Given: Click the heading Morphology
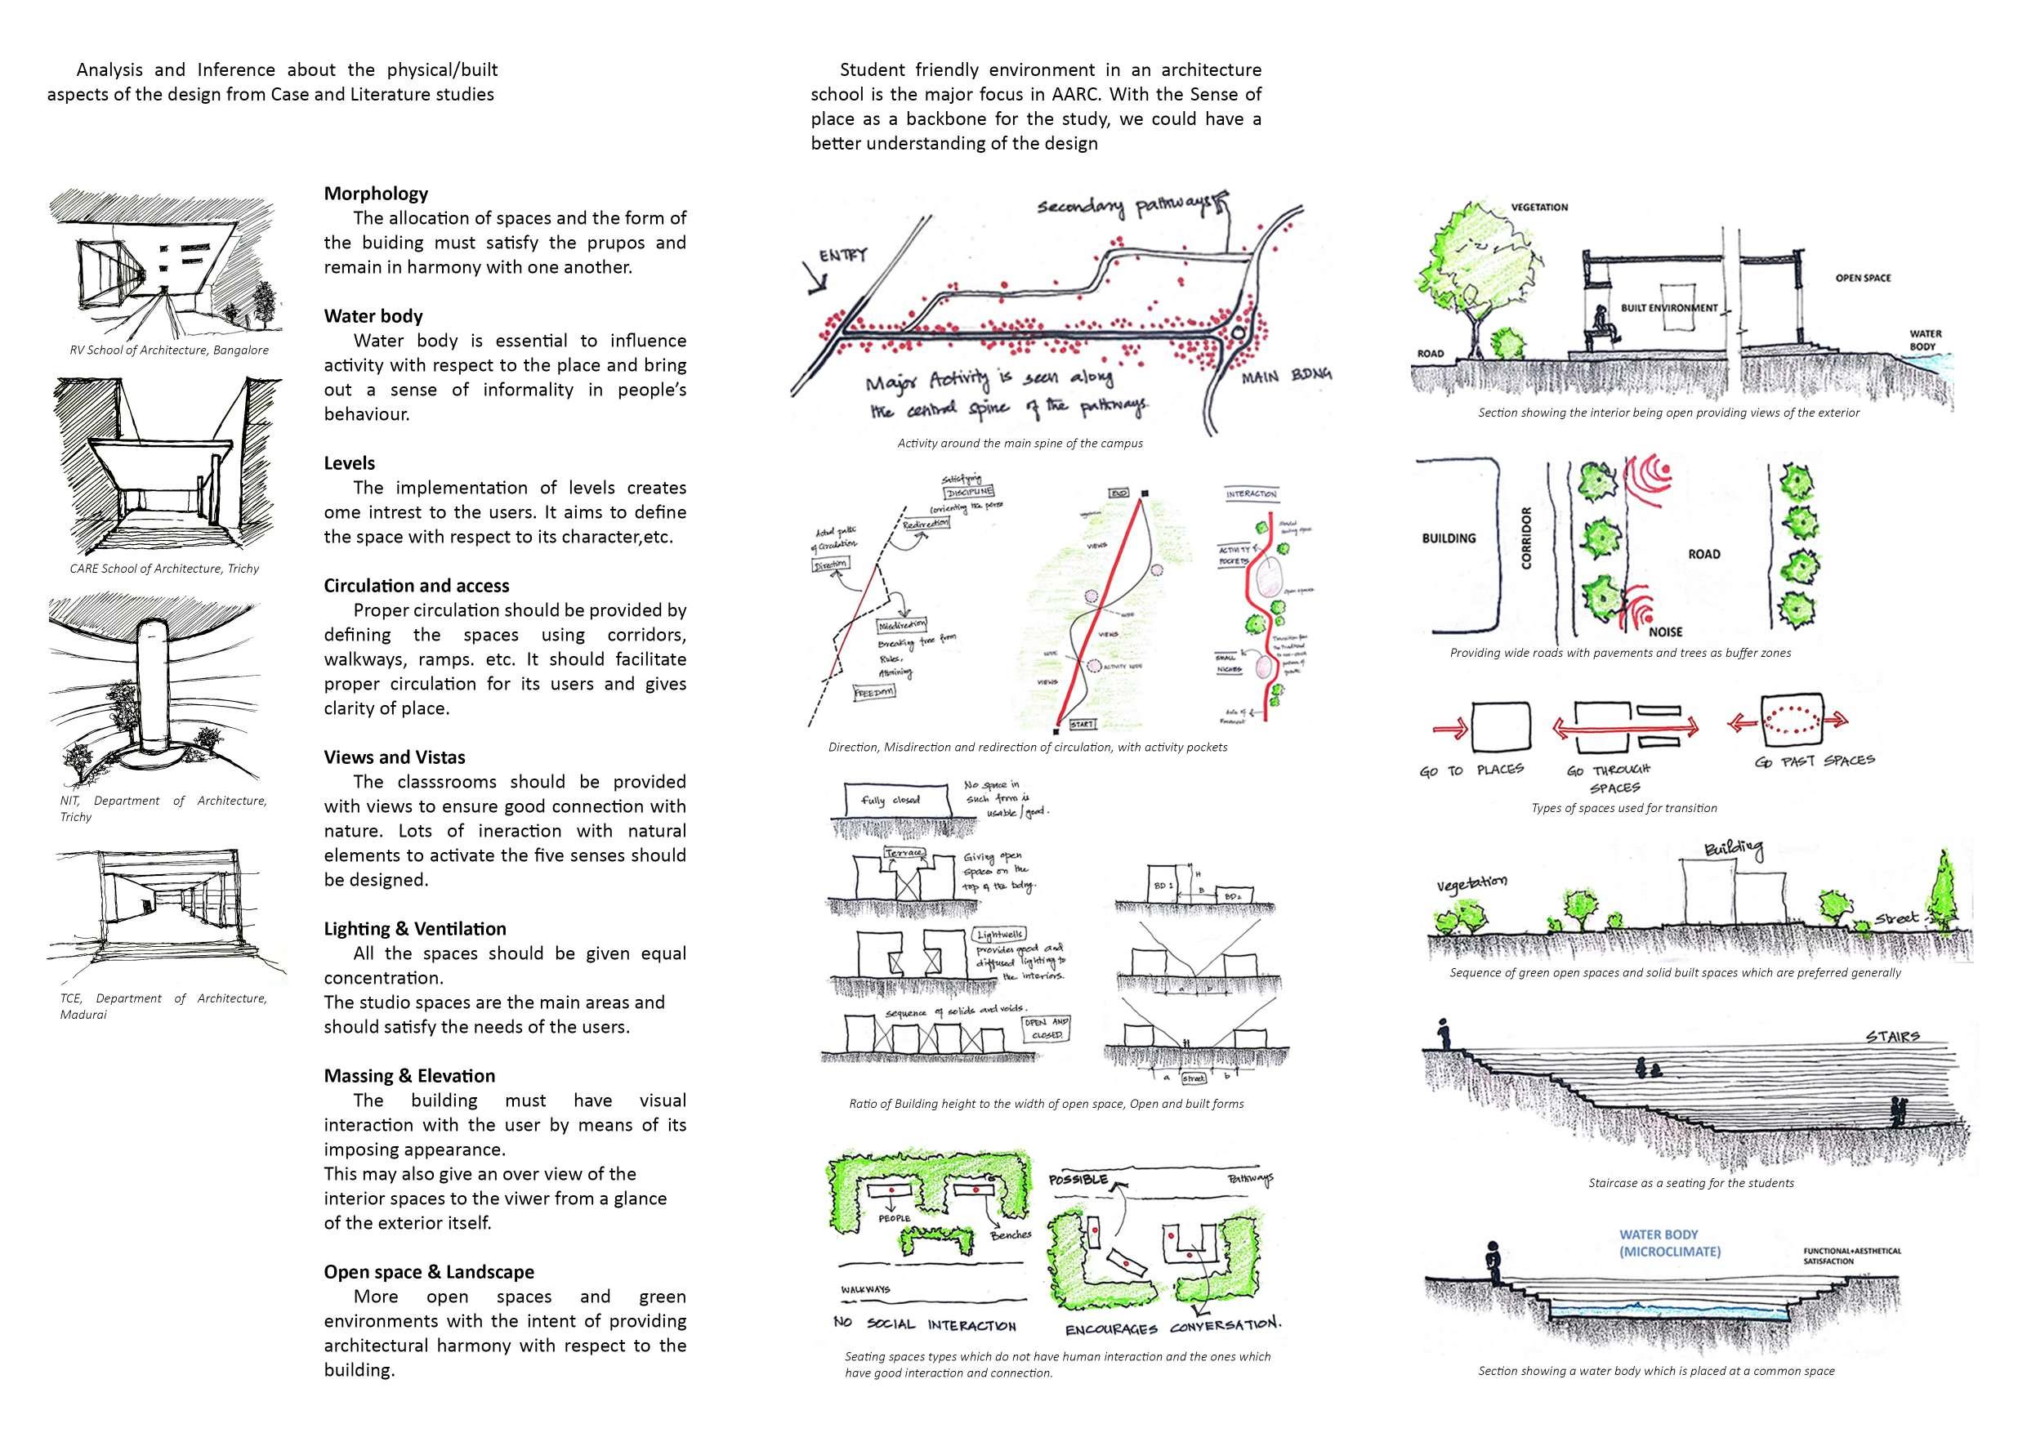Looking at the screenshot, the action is [376, 194].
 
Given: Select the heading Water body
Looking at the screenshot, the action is [373, 316].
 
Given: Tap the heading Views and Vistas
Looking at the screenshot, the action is [394, 757].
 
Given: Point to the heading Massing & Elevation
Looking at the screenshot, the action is [409, 1075].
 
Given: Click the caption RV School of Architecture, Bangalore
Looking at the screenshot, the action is [169, 350].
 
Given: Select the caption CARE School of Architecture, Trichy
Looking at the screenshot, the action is [164, 569].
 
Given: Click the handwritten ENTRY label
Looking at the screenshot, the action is [843, 255].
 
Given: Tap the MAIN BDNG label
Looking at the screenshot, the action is [1286, 377].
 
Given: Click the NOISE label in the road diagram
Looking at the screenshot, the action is [1665, 632].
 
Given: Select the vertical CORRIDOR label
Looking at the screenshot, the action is [1526, 538].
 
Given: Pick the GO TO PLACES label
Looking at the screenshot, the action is [1471, 770].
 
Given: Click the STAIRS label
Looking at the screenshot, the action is [1892, 1036].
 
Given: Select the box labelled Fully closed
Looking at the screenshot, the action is [891, 800].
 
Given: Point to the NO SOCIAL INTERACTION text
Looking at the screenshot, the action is [925, 1324].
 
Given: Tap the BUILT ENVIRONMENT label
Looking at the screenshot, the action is [1668, 308].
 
